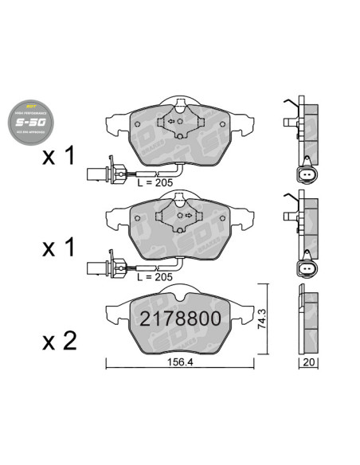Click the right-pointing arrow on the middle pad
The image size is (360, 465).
click(x=188, y=213)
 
